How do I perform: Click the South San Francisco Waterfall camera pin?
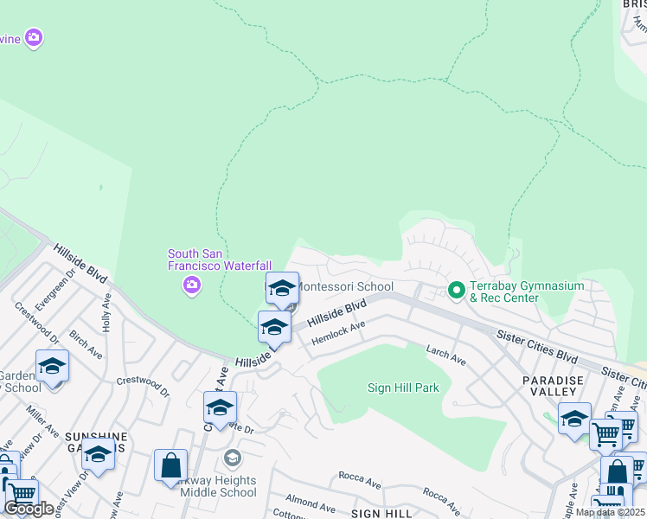pos(193,285)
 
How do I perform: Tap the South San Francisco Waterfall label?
pos(220,259)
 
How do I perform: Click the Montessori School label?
pos(346,286)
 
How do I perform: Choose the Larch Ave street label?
pos(445,355)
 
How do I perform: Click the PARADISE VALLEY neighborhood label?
pos(554,387)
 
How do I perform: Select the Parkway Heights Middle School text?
pos(219,486)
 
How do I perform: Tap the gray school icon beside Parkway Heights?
pos(231,458)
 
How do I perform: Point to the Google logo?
pos(29,509)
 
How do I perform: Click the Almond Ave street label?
pos(309,503)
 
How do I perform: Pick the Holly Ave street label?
pos(107,311)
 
